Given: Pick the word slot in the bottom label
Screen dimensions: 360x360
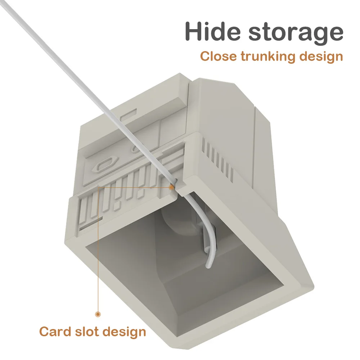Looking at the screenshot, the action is pos(90,331).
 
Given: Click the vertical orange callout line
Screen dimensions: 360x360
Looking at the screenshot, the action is pos(98,252).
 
